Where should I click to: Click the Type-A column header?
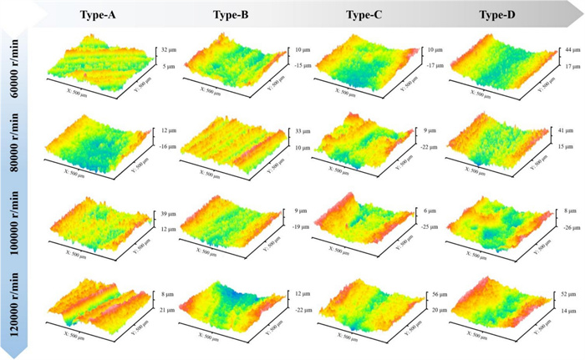(x=98, y=15)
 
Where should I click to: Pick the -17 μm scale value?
(x=432, y=64)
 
